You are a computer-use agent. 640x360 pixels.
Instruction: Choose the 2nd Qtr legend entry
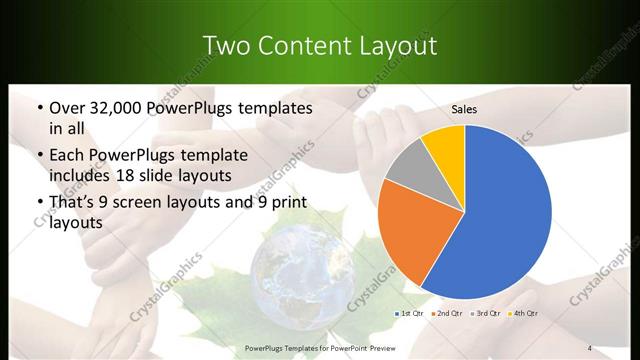(x=446, y=313)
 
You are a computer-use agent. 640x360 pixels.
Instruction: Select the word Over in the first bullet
(x=66, y=106)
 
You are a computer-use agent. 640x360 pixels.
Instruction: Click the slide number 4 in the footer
(x=590, y=348)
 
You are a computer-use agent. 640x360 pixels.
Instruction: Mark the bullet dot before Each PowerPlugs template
(x=37, y=154)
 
